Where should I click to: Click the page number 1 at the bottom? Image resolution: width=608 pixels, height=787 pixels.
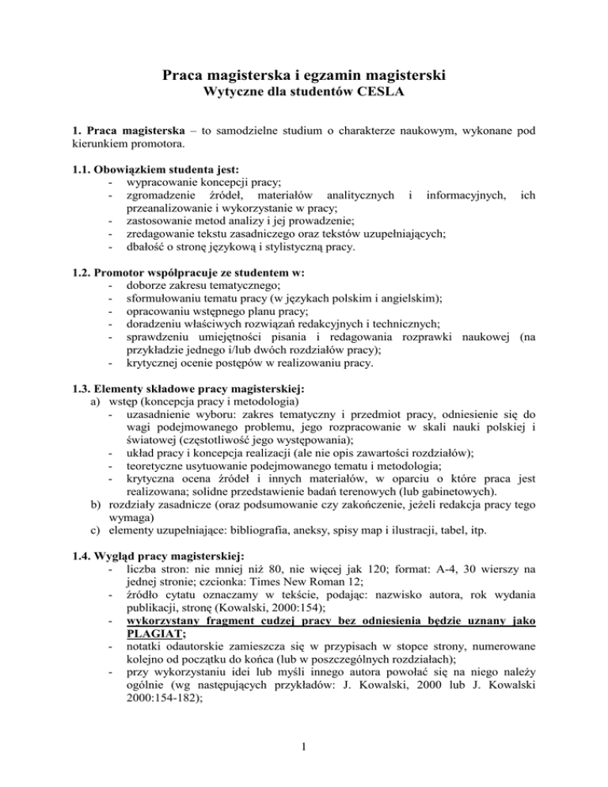pos(304,745)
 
